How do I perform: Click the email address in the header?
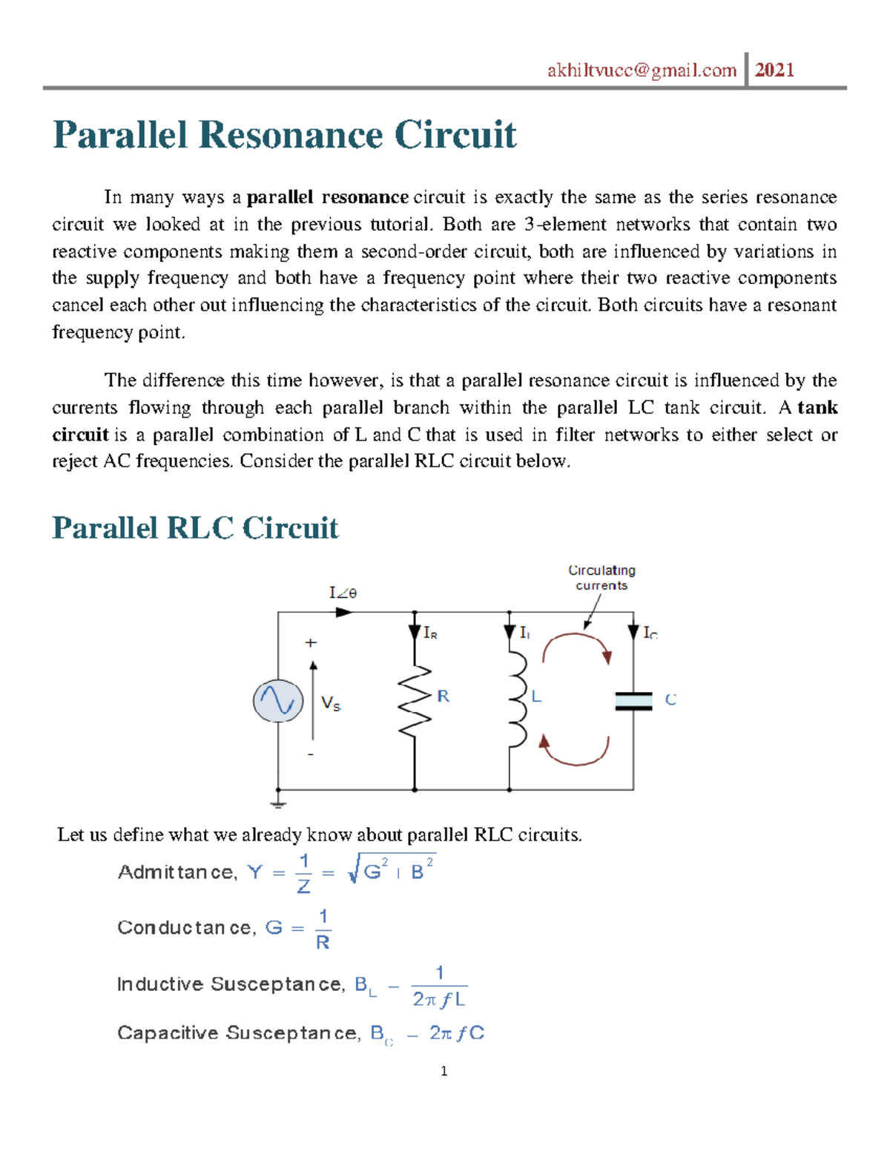coord(642,70)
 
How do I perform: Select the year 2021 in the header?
coord(774,70)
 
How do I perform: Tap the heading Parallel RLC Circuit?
coord(195,528)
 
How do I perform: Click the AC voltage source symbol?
coord(278,700)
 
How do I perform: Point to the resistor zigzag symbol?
coord(415,700)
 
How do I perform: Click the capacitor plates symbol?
coord(633,701)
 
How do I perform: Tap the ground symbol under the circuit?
coord(278,803)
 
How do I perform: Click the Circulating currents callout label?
coord(601,577)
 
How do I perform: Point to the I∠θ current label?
coord(343,592)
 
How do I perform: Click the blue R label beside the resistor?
coord(443,696)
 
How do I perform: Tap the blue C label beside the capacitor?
coord(670,700)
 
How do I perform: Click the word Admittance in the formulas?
coord(176,872)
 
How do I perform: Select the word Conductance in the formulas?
coord(185,927)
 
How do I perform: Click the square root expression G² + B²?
coord(392,869)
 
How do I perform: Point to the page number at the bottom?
coord(444,1070)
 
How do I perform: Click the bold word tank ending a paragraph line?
coord(817,407)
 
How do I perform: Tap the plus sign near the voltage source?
coord(311,643)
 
